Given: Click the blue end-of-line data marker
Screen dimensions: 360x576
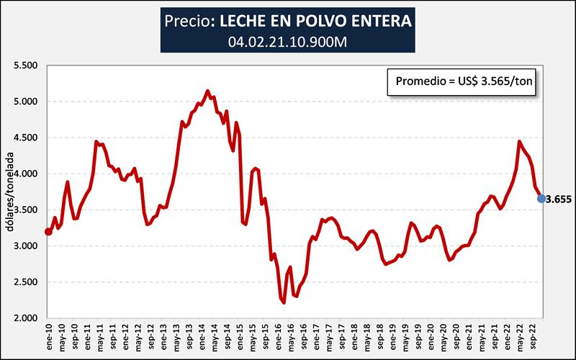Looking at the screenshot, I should tap(541, 199).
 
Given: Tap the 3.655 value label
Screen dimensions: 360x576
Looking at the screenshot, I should tap(558, 199).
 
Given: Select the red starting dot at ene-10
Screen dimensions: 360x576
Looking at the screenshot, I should tap(48, 232).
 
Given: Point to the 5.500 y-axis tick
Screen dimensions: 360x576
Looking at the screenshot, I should tap(25, 66).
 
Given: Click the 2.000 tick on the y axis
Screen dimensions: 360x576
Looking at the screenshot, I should tap(25, 318).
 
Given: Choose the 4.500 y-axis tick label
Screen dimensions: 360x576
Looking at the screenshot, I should tap(25, 138).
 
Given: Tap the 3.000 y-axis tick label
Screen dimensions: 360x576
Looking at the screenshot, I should tap(25, 246).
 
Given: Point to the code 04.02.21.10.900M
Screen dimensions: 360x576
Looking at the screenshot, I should tap(287, 41).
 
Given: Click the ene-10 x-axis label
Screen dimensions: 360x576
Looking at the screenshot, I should tap(49, 336).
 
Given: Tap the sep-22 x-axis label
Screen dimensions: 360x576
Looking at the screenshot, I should tap(532, 336).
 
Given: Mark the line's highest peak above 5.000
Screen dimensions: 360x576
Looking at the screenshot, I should tap(207, 91).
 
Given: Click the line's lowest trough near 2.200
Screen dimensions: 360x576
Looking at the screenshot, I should tap(284, 302).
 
